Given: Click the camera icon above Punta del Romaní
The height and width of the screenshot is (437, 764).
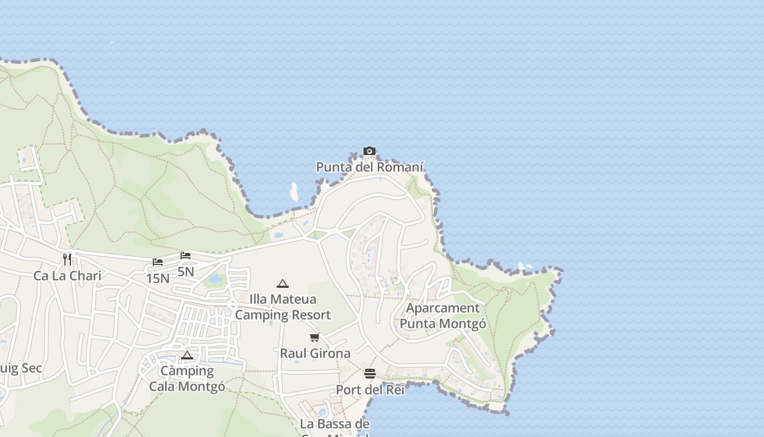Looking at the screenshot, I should click(x=369, y=151).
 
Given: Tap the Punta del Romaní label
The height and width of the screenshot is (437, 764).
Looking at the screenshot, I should click(x=370, y=167).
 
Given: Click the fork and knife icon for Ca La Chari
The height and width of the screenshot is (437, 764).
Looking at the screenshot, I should click(x=67, y=259).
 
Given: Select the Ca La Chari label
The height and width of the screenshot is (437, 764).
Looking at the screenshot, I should click(x=68, y=275).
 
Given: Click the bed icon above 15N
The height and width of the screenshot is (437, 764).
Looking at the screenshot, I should click(x=158, y=262).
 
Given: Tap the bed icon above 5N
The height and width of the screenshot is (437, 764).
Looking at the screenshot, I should click(x=186, y=255).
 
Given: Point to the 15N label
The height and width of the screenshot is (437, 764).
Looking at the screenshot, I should click(x=158, y=278).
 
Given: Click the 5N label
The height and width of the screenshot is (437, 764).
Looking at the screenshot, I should click(x=186, y=271).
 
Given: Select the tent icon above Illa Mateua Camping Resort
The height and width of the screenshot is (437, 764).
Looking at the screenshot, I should click(x=282, y=284).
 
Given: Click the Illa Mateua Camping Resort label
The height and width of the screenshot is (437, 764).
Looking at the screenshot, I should click(x=283, y=307).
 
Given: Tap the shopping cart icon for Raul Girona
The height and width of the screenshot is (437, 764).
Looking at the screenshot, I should click(x=314, y=337).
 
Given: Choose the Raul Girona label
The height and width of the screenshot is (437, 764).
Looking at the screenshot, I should click(x=315, y=353).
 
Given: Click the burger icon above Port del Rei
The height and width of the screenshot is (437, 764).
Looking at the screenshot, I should click(x=370, y=374).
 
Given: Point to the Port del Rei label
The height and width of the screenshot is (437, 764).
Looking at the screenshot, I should click(x=370, y=390).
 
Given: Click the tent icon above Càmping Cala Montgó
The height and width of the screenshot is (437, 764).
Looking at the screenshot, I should click(x=187, y=356).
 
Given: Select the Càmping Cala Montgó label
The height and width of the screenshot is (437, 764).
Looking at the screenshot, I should click(x=187, y=379).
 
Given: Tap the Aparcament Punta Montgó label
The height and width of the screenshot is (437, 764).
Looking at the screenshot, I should click(x=443, y=316).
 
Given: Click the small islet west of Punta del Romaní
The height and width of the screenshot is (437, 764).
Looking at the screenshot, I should click(x=294, y=192).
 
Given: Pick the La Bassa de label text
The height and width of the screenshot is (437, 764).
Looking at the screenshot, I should click(x=335, y=424).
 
